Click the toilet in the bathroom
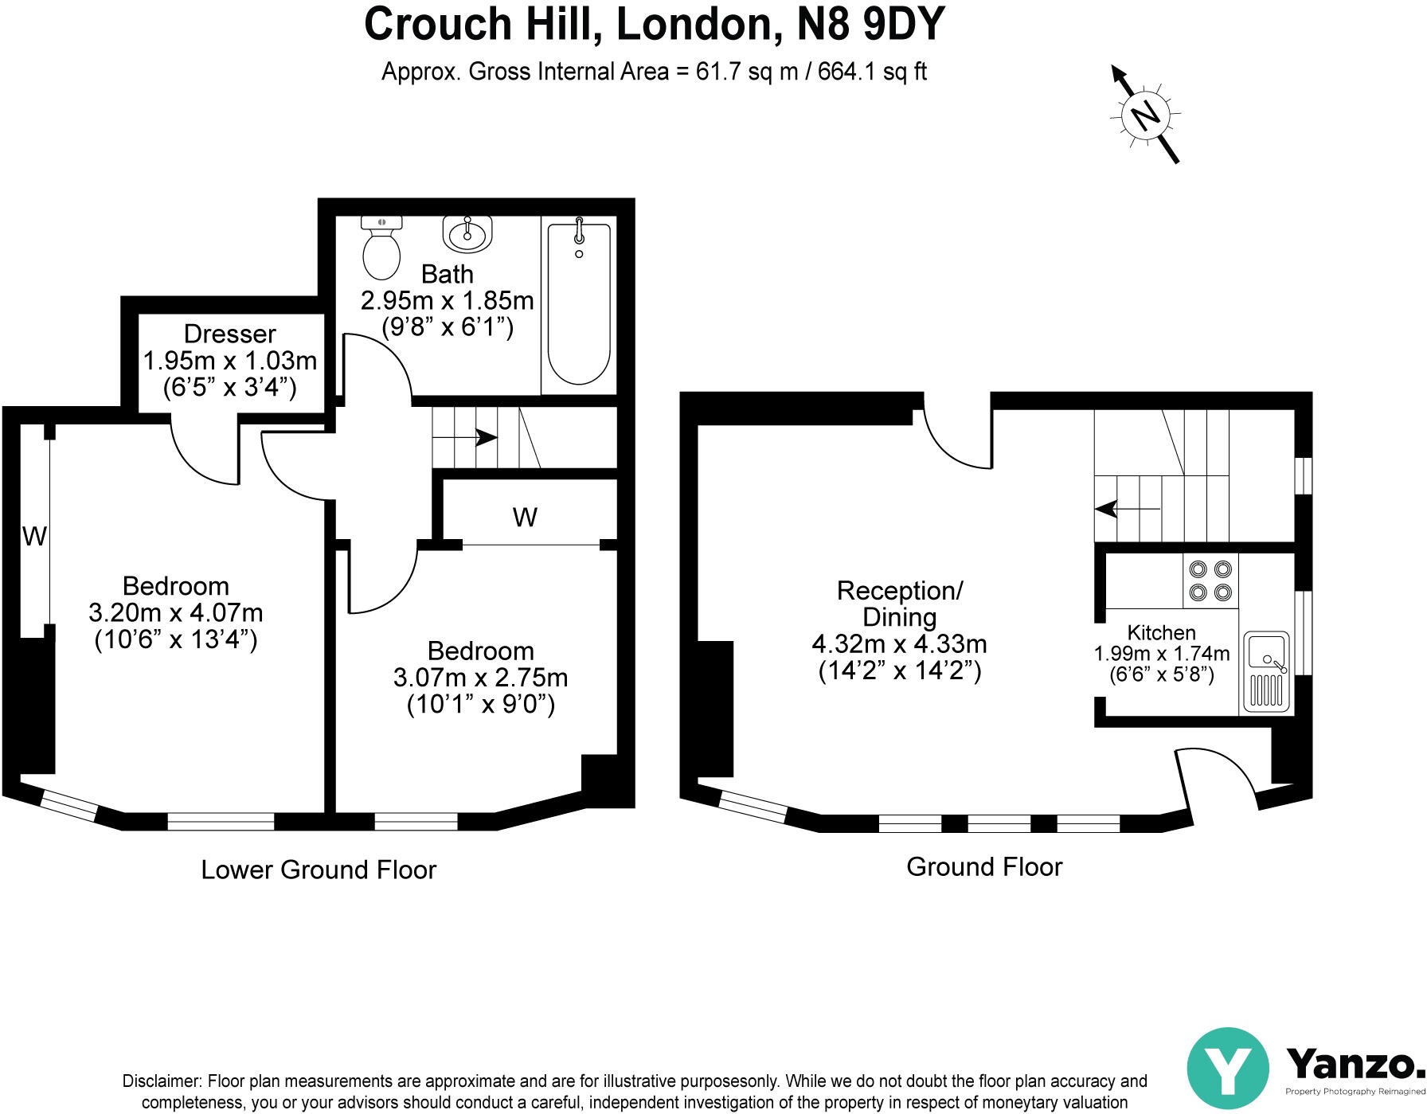click(381, 247)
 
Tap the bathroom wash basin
click(467, 233)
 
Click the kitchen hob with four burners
click(1210, 580)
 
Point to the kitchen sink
click(1266, 670)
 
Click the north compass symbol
click(1145, 114)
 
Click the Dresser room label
click(229, 334)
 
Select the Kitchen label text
click(1161, 632)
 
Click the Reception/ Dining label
click(900, 604)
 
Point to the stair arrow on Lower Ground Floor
click(465, 437)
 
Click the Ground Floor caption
click(984, 866)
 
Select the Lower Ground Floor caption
click(319, 870)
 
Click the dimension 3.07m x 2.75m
click(480, 678)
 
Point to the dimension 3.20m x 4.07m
click(175, 613)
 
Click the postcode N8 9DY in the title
click(871, 24)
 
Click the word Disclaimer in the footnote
click(162, 1081)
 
